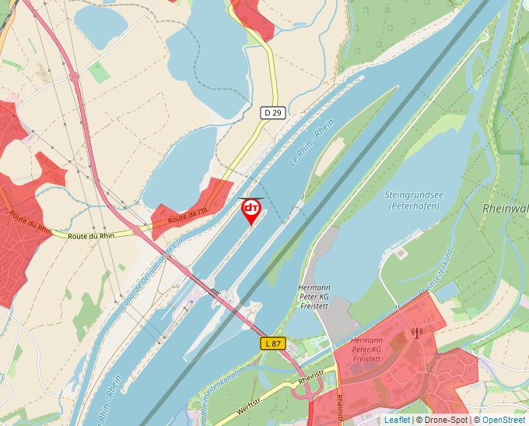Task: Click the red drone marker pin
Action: (251, 210)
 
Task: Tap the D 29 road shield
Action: (272, 113)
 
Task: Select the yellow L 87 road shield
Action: (272, 343)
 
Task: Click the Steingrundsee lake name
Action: (412, 195)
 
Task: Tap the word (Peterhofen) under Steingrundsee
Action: (413, 206)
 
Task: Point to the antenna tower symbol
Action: (416, 333)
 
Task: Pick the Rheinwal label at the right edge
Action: (506, 209)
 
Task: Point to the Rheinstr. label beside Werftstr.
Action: (310, 379)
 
